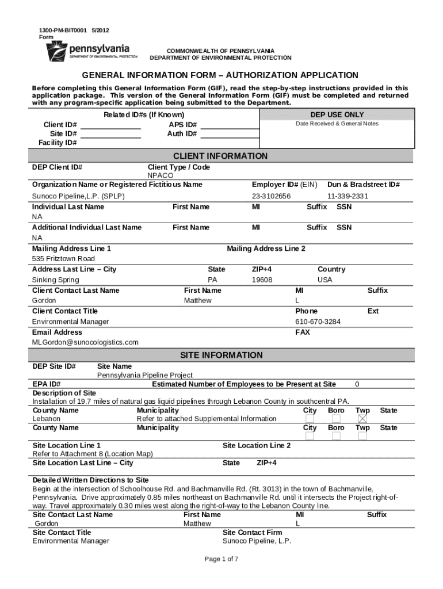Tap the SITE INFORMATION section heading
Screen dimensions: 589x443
221,355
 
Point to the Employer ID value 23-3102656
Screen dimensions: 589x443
271,196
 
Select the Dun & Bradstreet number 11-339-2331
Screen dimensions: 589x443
347,196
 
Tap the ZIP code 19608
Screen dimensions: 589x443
262,280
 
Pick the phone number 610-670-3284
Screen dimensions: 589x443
318,322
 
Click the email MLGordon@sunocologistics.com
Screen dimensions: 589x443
85,342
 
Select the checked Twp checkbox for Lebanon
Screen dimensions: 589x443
362,419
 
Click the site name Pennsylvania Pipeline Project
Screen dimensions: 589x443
144,375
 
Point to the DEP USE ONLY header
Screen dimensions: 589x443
337,115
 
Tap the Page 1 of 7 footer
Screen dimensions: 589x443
221,559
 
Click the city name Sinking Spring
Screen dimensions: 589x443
56,280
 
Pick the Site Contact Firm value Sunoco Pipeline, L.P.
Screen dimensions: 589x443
257,541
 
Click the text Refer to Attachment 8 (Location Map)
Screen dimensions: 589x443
93,454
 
